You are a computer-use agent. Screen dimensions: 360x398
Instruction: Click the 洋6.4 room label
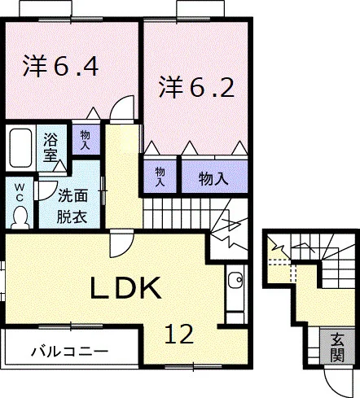point(60,66)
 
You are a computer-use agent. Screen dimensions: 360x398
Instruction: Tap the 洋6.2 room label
point(196,86)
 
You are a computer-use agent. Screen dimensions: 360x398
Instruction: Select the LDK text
point(125,287)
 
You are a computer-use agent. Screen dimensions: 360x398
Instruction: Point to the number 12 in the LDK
point(179,334)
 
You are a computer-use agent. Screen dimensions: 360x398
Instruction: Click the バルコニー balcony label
point(70,352)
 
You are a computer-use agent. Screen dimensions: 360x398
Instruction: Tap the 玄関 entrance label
point(337,347)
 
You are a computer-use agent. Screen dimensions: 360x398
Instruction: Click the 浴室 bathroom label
point(50,147)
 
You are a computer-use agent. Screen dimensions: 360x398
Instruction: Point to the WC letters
point(19,192)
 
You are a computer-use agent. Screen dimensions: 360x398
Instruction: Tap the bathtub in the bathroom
point(20,148)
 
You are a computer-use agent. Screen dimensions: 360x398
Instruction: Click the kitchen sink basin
point(235,279)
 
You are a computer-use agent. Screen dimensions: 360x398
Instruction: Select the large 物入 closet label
point(213,178)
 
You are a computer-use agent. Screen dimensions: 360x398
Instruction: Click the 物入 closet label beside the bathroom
point(86,139)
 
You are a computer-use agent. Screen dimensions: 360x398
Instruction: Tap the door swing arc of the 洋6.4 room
point(122,107)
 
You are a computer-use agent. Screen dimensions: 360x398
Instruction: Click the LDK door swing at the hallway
point(121,243)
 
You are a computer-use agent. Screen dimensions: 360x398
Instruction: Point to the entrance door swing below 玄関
point(338,380)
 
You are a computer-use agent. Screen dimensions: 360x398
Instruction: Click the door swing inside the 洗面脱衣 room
point(46,190)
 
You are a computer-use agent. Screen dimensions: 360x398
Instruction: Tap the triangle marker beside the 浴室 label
point(59,166)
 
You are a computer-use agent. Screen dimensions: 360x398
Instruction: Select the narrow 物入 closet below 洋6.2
point(160,177)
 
